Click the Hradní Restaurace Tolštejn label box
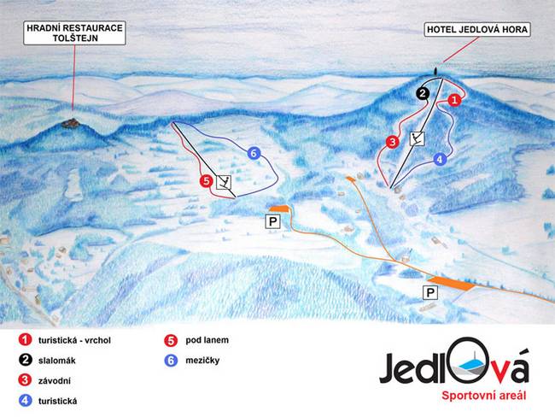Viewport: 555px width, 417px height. [74, 34]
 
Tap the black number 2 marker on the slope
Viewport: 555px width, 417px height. [422, 93]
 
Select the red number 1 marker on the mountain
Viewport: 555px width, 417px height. [455, 100]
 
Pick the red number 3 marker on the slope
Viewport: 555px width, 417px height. [392, 142]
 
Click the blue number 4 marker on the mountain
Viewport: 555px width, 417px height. [440, 158]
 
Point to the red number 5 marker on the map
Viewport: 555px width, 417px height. [205, 181]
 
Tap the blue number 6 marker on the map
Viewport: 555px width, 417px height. [253, 153]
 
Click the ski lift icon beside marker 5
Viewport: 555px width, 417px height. [224, 181]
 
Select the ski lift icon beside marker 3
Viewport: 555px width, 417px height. [418, 138]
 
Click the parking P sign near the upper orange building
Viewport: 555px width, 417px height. [273, 222]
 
